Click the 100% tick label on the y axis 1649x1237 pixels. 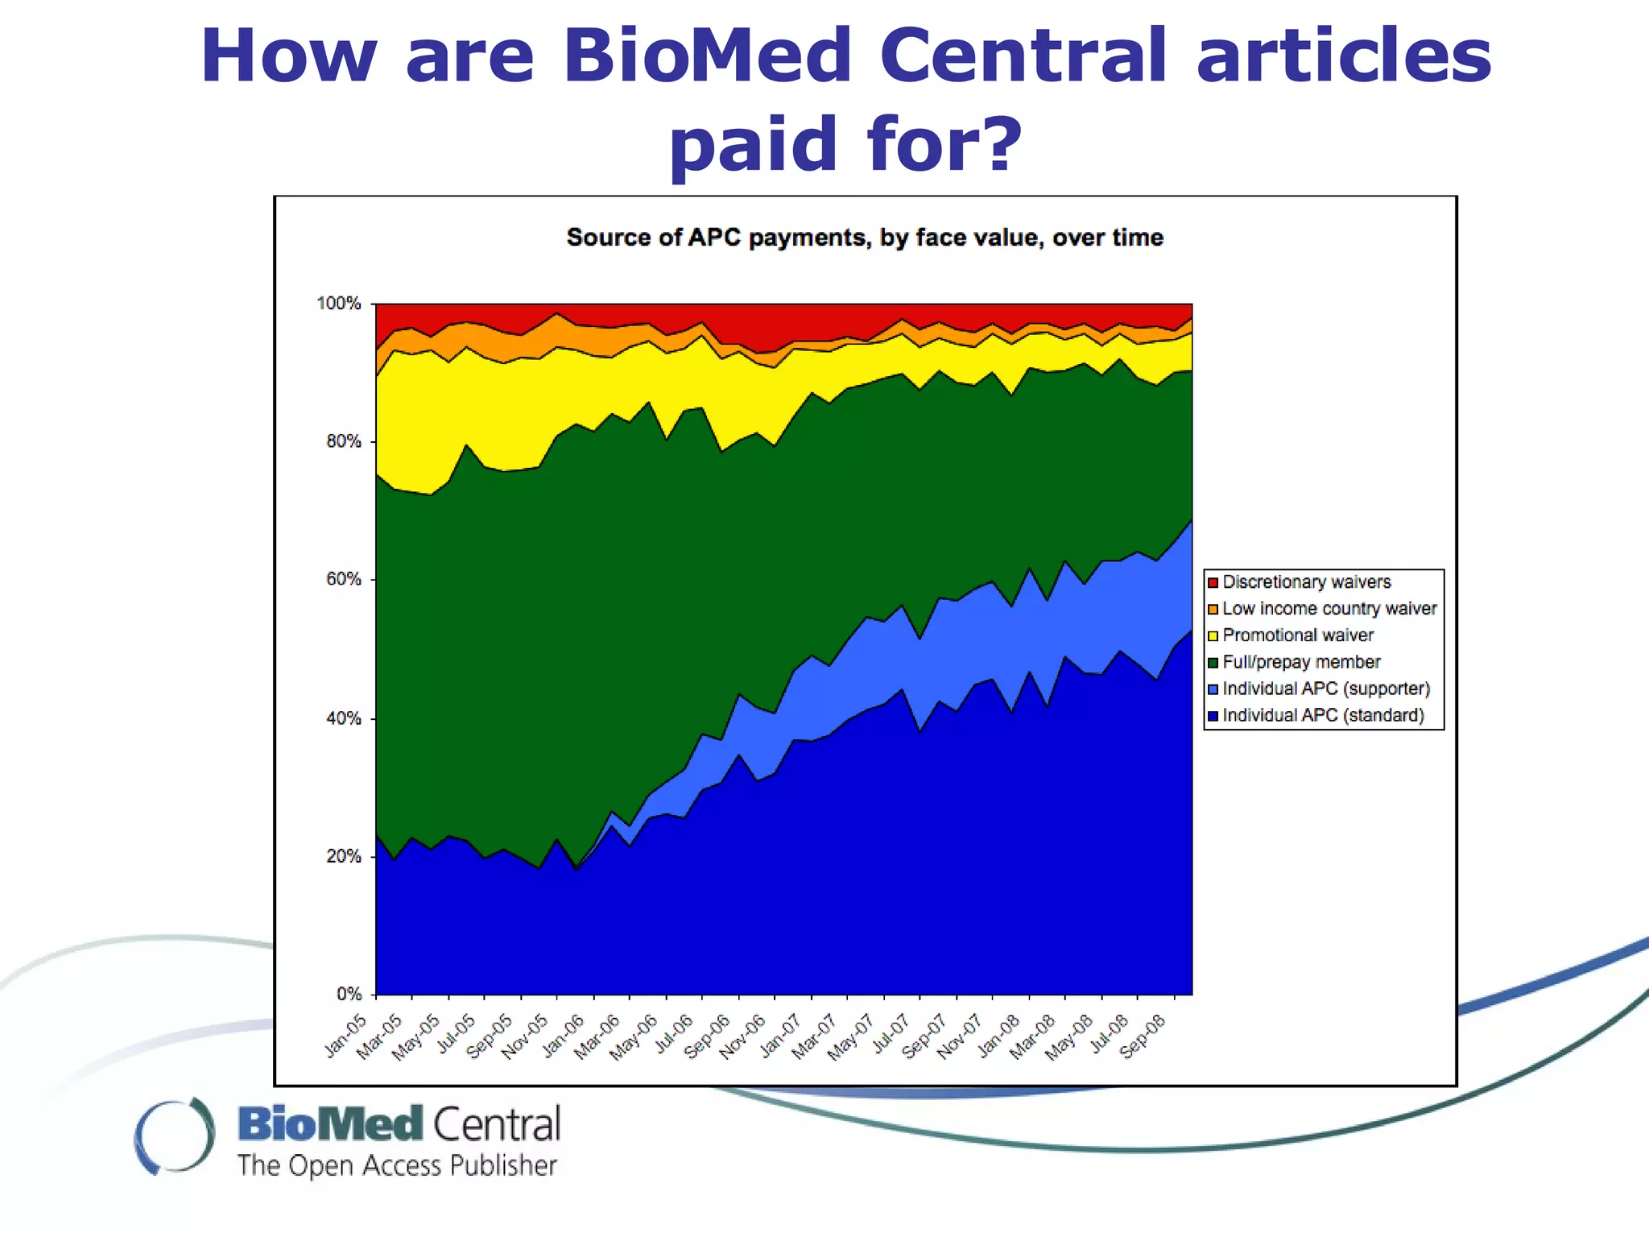point(338,304)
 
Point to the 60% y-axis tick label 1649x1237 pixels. point(343,580)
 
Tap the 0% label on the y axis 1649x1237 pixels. point(349,995)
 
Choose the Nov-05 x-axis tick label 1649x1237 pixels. point(526,1037)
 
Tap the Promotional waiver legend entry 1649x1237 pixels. point(1297,635)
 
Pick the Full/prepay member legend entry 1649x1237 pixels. point(1300,662)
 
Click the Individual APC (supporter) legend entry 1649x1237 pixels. point(1325,689)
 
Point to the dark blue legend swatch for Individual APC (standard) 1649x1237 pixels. point(1213,715)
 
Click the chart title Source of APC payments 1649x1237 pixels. point(864,238)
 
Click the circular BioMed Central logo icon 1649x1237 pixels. point(175,1136)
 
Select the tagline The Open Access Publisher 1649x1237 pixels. point(396,1166)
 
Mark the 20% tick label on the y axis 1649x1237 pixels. point(343,856)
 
